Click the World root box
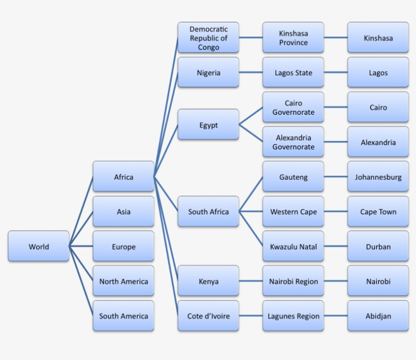point(39,246)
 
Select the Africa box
point(123,176)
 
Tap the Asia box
point(123,211)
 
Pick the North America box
point(123,281)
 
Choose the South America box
point(123,316)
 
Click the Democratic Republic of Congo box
point(209,38)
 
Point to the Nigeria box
point(209,72)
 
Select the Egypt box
point(209,124)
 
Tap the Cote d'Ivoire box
point(209,316)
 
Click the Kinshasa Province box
point(293,38)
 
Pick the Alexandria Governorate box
point(293,142)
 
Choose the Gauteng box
point(293,176)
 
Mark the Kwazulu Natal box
point(293,246)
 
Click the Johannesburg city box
point(378,176)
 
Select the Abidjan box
point(378,316)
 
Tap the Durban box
point(378,246)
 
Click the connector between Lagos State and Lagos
point(336,72)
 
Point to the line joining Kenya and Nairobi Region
point(251,281)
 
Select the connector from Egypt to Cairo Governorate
point(251,116)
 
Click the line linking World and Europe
point(81,246)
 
